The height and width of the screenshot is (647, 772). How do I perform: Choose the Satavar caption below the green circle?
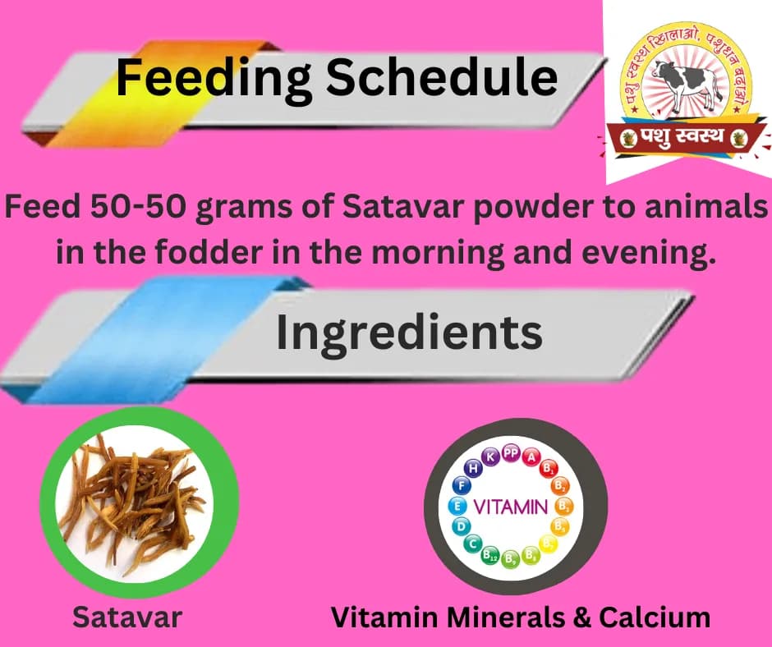click(x=126, y=617)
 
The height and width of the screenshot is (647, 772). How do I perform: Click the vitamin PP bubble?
click(x=510, y=452)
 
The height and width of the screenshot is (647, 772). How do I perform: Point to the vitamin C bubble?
click(x=473, y=543)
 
